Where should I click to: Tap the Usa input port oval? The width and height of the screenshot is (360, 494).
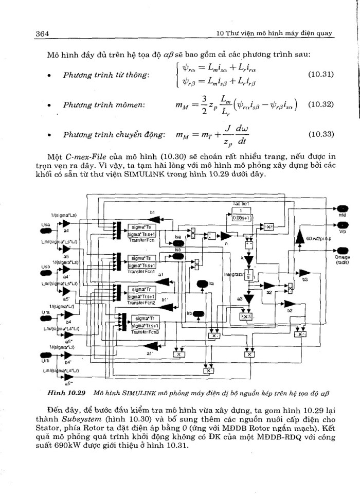coord(46,225)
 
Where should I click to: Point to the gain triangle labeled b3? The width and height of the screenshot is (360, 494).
coord(305,271)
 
